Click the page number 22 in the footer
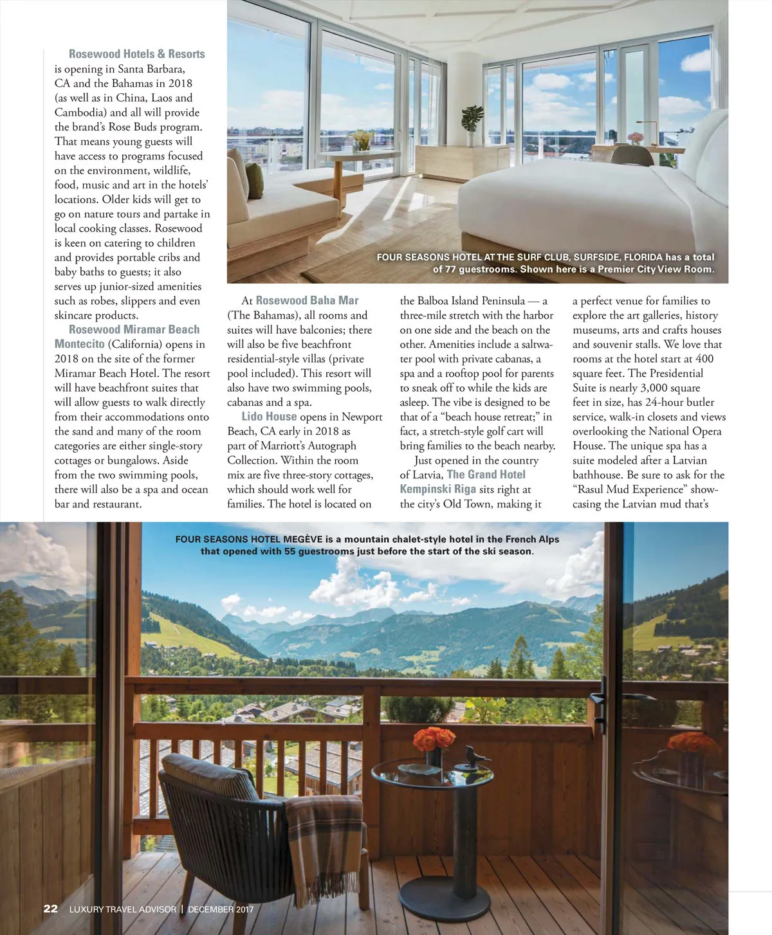click(x=50, y=909)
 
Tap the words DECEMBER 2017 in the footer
click(x=221, y=909)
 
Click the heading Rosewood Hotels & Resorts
click(x=136, y=54)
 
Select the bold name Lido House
click(x=269, y=417)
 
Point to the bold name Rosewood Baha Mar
click(x=307, y=300)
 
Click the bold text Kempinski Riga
click(x=437, y=489)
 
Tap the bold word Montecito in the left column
click(x=80, y=344)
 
